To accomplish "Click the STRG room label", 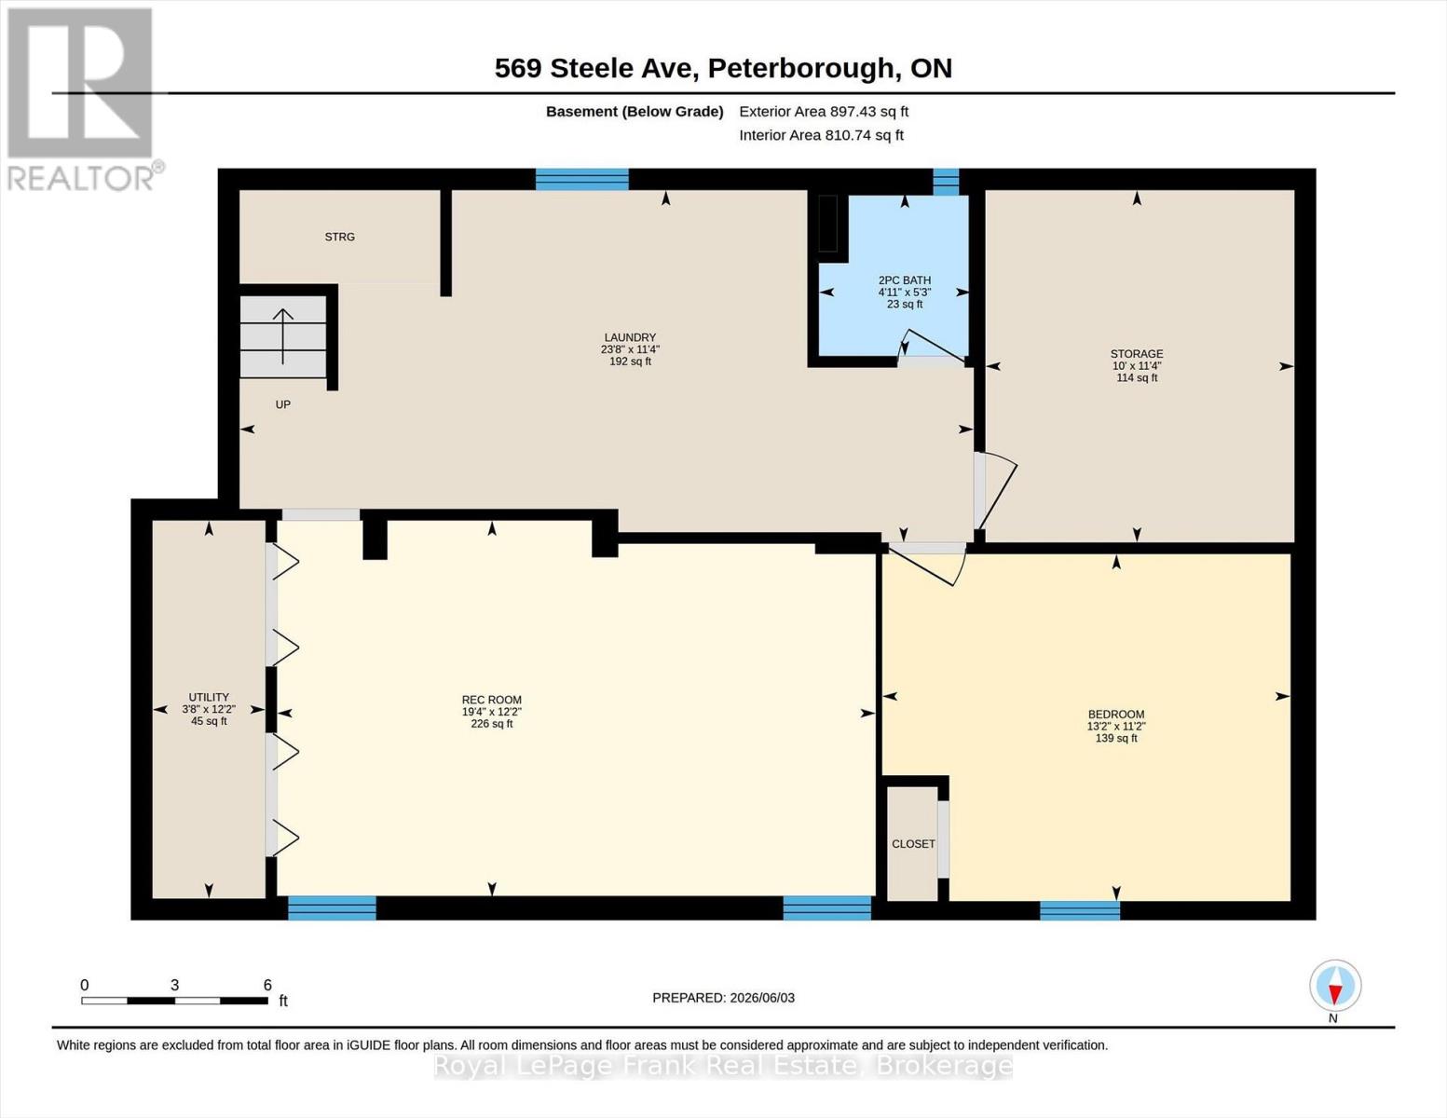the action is pos(339,237).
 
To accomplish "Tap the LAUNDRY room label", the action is pos(630,337).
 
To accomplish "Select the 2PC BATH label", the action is pos(905,280).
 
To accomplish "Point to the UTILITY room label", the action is pos(209,697).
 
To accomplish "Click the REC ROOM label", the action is pos(491,700).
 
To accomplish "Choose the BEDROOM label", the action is pos(1116,715).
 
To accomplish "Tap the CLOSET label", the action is pos(913,844).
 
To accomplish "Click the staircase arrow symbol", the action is pos(283,336).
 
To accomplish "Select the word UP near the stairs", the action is pos(283,404).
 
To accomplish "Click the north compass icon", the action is pos(1335,986).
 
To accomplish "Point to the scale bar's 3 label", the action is pos(174,986).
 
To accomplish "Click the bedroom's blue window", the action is pos(1079,909).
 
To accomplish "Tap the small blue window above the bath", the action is pos(946,182).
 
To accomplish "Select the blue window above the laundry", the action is pos(582,180).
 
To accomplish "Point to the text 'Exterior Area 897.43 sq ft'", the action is pos(824,112).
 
